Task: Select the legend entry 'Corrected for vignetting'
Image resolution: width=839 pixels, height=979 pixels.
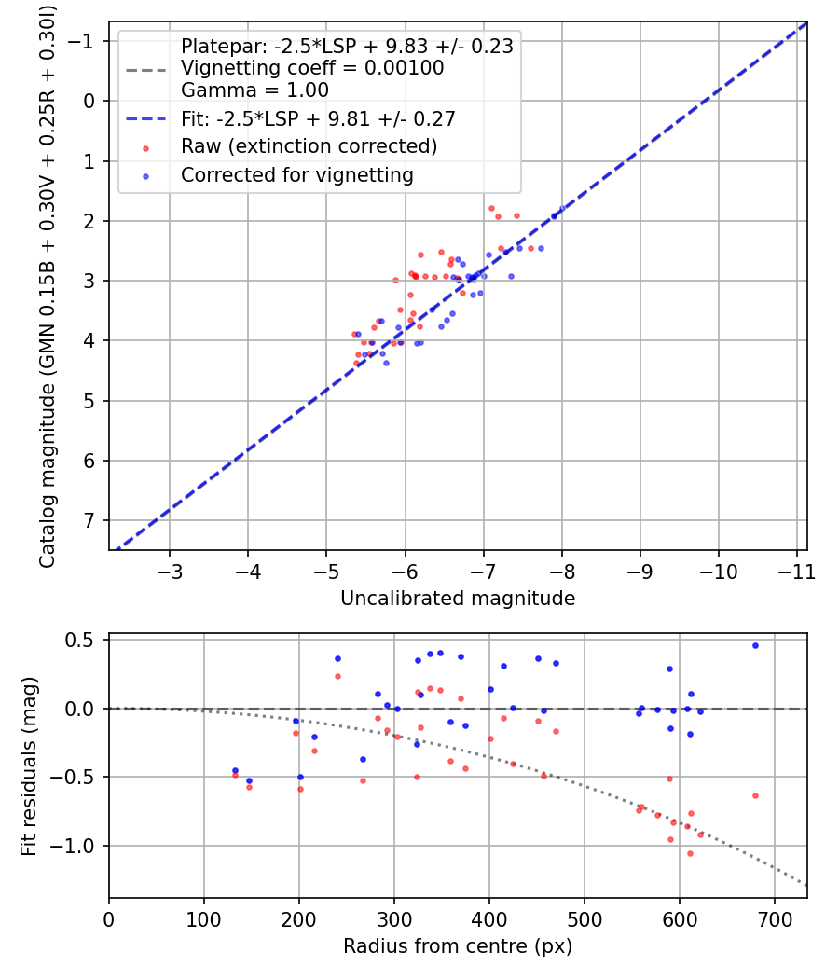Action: coord(296,174)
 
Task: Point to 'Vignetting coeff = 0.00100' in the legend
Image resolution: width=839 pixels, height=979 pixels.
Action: coord(312,68)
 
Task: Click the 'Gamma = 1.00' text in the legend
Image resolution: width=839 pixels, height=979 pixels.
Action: coord(254,90)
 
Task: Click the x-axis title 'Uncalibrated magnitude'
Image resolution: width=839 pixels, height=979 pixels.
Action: coord(458,598)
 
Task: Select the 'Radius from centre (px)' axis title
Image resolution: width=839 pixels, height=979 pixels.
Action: coord(458,946)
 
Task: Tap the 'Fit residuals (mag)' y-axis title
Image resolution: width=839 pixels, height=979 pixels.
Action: coord(29,765)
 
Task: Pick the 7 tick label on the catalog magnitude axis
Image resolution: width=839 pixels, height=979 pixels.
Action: coord(90,520)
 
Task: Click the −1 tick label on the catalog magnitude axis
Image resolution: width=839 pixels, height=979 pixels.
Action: coord(85,41)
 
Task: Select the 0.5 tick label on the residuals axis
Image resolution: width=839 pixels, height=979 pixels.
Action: coord(85,640)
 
